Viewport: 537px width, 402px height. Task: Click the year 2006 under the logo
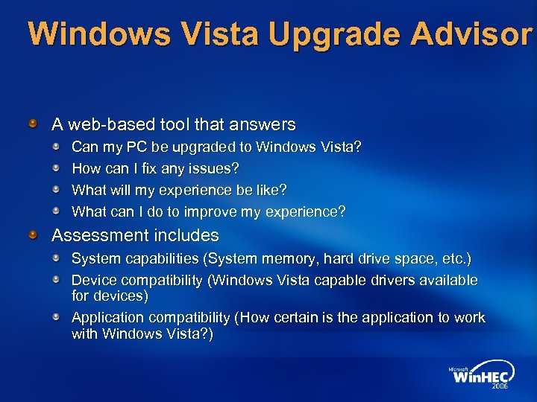[x=499, y=387]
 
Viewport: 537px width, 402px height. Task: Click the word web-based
[x=102, y=124]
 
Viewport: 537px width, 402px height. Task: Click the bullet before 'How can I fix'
[x=57, y=168]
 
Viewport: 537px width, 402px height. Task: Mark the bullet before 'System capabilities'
[x=57, y=258]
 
